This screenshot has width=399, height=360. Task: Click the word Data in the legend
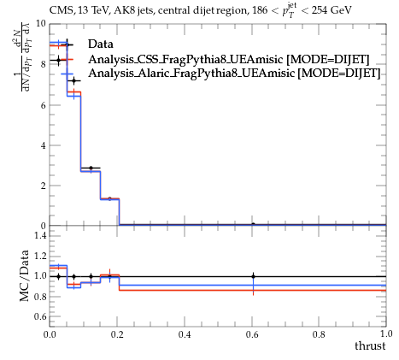coord(101,44)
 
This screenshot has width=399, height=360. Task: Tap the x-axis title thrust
coord(370,345)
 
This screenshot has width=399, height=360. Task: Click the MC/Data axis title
coord(25,275)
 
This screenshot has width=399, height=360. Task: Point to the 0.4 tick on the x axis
coord(185,334)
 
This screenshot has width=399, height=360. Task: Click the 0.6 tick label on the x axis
coord(252,334)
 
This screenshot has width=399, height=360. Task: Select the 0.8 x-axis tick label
coord(319,334)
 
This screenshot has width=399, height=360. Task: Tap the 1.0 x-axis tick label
coord(386,333)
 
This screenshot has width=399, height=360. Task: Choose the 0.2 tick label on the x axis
coord(117,334)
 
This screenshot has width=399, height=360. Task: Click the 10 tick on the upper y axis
coord(41,23)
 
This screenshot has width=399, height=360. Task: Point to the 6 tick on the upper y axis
coord(44,105)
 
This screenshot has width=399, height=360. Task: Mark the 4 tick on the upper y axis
coord(44,145)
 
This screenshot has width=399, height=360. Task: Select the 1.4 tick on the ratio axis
coord(40,235)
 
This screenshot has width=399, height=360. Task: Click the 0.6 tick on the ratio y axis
coord(40,316)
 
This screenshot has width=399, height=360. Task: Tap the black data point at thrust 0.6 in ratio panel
coord(253,276)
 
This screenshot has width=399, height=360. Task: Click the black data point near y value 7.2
coord(74,81)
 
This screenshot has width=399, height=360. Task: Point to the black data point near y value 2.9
coord(91,168)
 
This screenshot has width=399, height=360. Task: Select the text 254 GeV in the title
coord(332,10)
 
